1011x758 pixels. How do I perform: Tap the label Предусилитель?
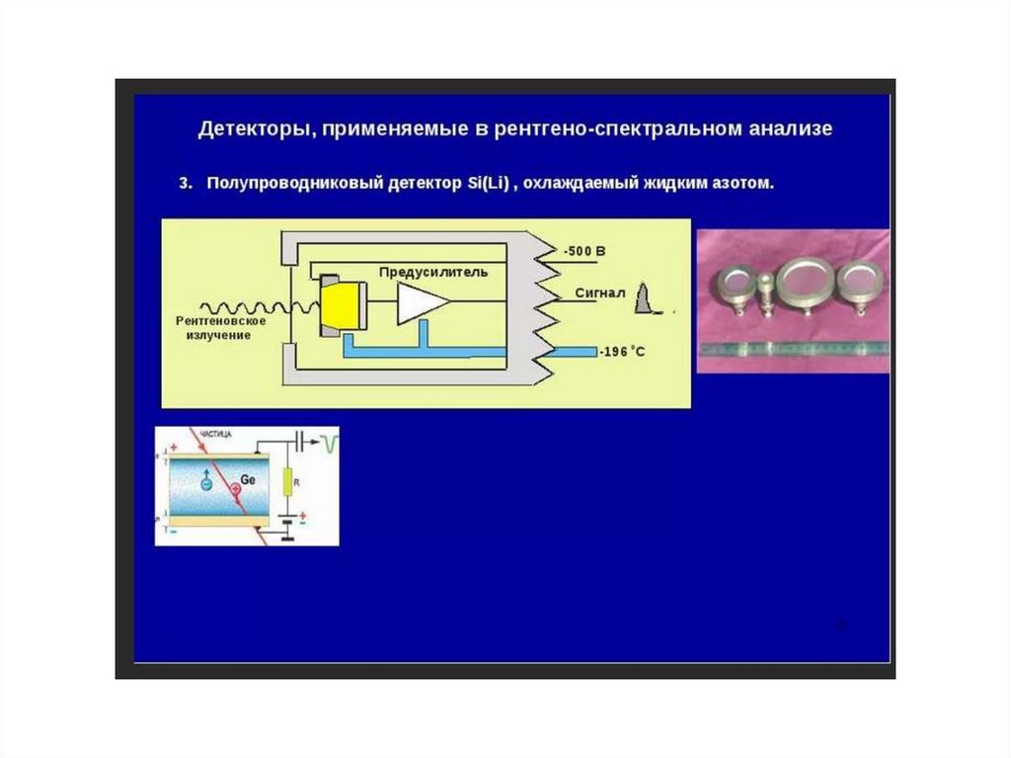[x=432, y=271]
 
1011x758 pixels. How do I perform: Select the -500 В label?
[x=583, y=252]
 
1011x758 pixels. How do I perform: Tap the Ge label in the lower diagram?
[x=248, y=481]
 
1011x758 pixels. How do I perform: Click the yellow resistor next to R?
[x=287, y=482]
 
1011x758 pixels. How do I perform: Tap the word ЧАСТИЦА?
[x=217, y=433]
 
